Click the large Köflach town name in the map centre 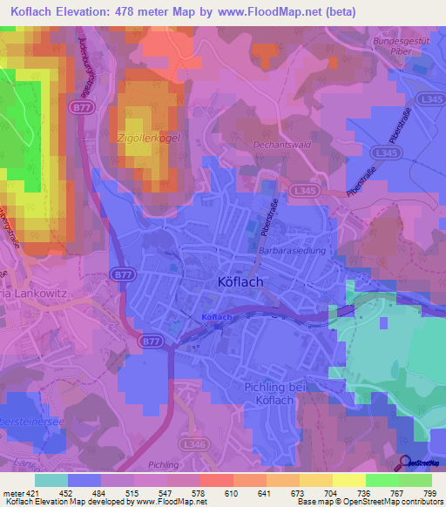pyautogui.click(x=239, y=282)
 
